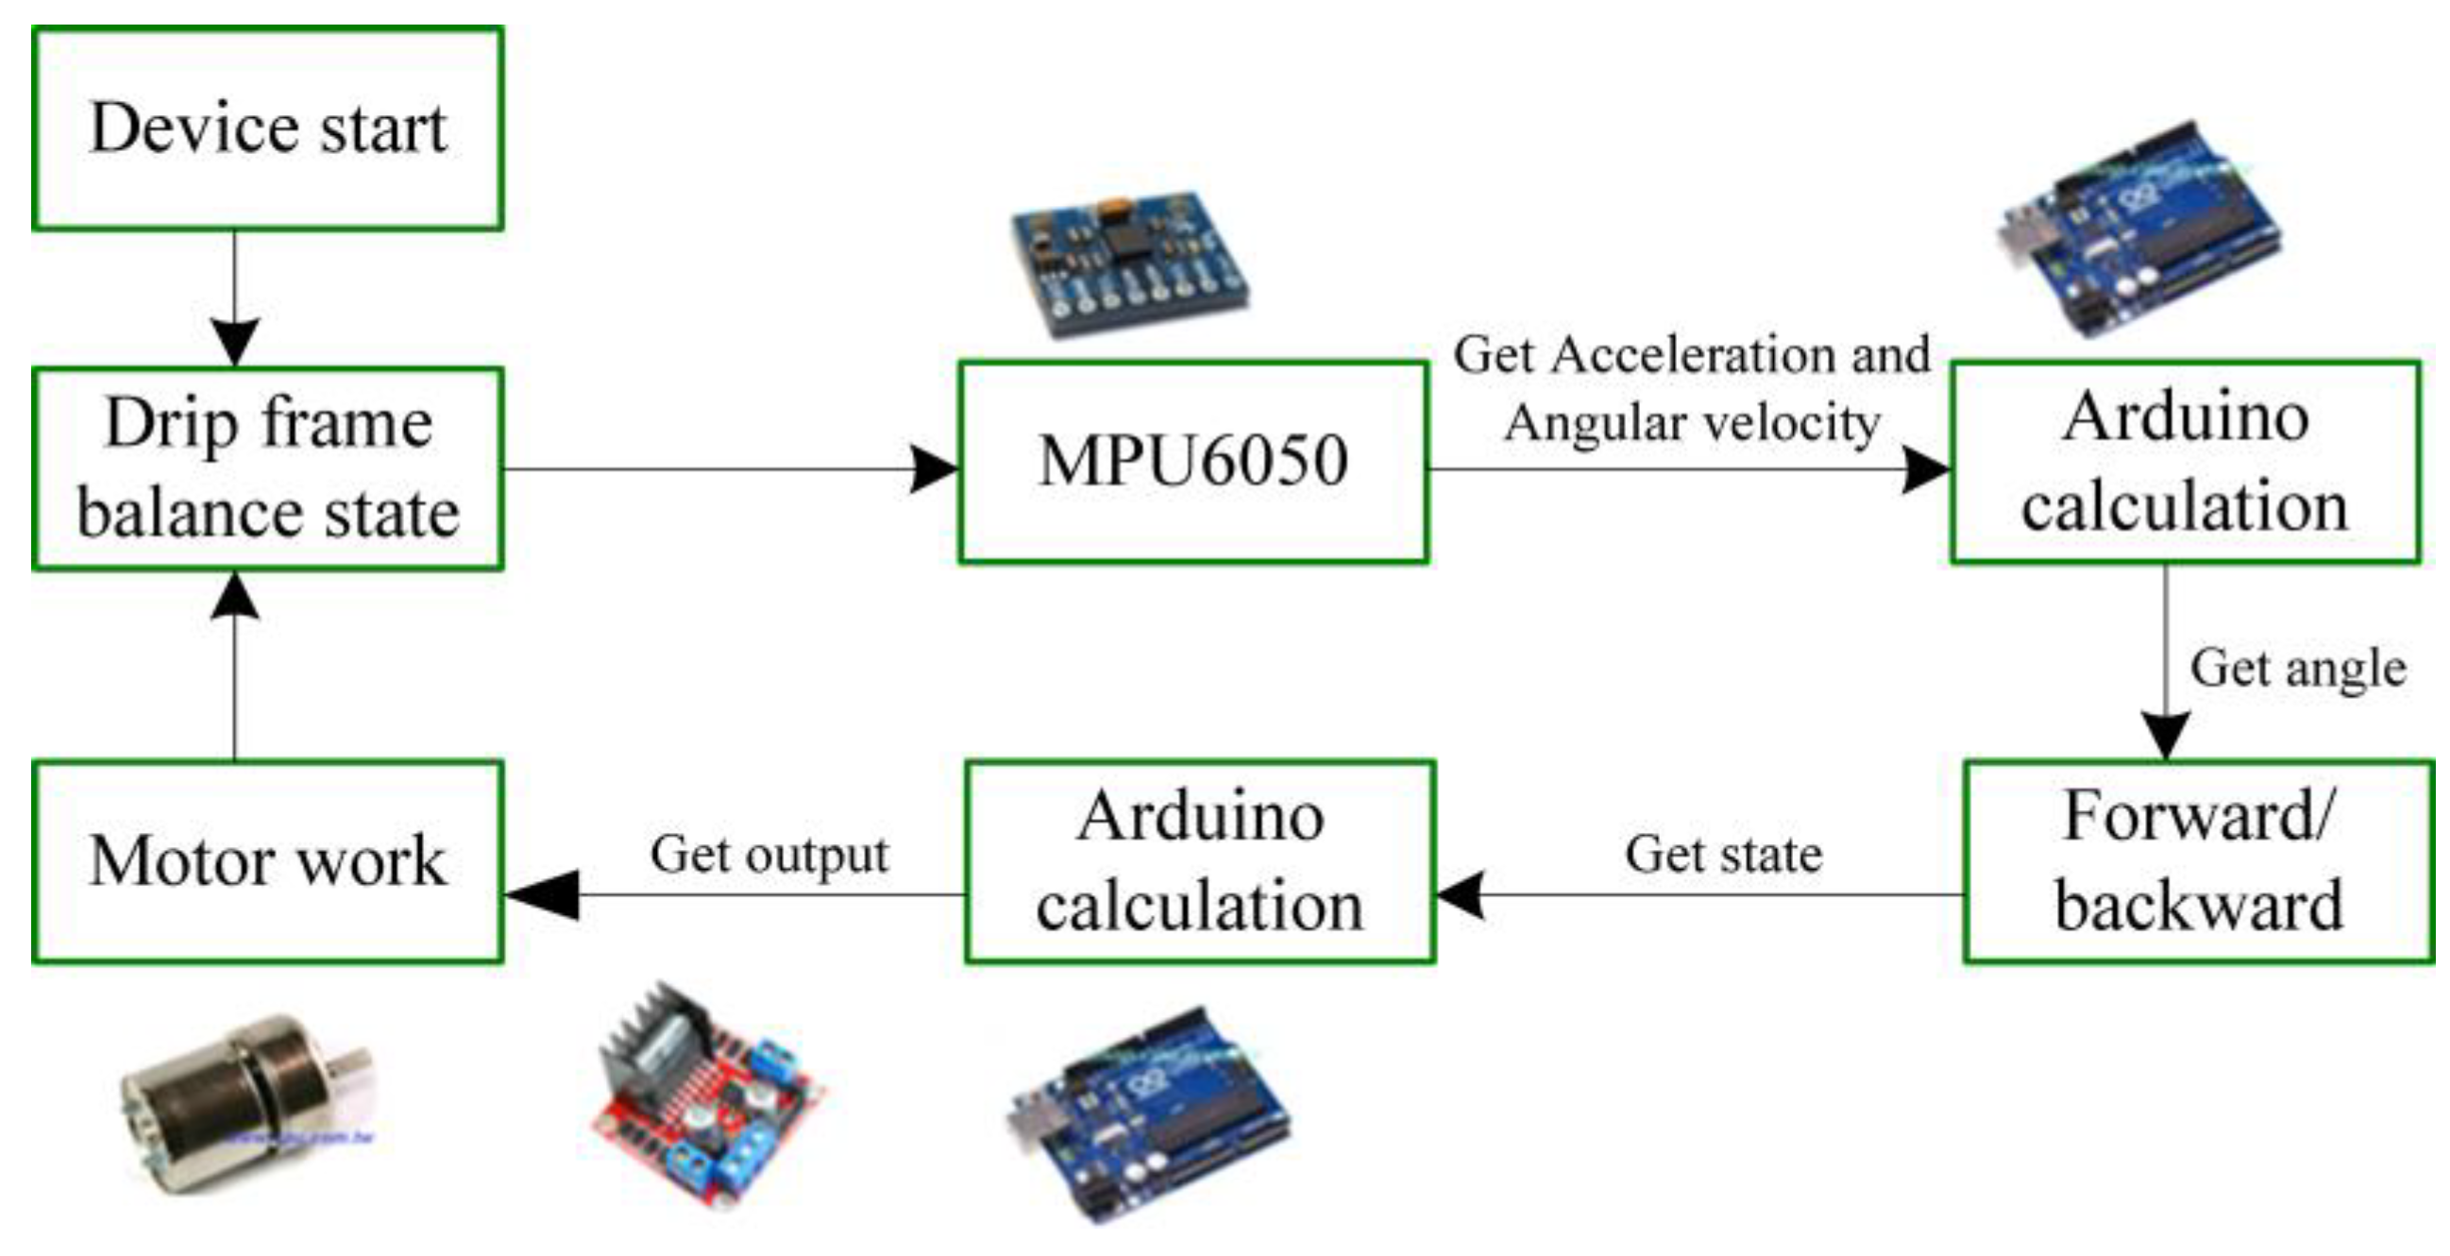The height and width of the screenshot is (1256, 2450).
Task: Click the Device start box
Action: click(x=267, y=128)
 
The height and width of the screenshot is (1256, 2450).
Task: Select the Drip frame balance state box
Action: click(x=267, y=468)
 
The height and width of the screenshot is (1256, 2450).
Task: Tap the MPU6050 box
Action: click(x=1192, y=463)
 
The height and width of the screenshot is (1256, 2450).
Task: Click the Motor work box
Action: click(x=267, y=861)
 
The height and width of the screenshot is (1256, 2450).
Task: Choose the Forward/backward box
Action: click(x=2198, y=861)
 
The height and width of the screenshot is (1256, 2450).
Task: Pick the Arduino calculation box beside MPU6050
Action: click(x=2185, y=463)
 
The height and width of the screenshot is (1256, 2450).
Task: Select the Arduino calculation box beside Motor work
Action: click(x=1199, y=861)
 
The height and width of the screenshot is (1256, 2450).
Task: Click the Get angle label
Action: click(x=2298, y=668)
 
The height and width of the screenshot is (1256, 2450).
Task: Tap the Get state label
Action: click(x=1722, y=854)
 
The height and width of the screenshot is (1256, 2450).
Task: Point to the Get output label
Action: click(x=769, y=854)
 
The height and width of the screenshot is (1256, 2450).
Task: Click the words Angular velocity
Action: click(x=1691, y=422)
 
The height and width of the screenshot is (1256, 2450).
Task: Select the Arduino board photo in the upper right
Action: click(x=2137, y=229)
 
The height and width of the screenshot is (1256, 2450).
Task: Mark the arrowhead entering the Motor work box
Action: click(x=542, y=894)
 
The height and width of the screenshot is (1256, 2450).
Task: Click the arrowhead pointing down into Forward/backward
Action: click(x=2166, y=734)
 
